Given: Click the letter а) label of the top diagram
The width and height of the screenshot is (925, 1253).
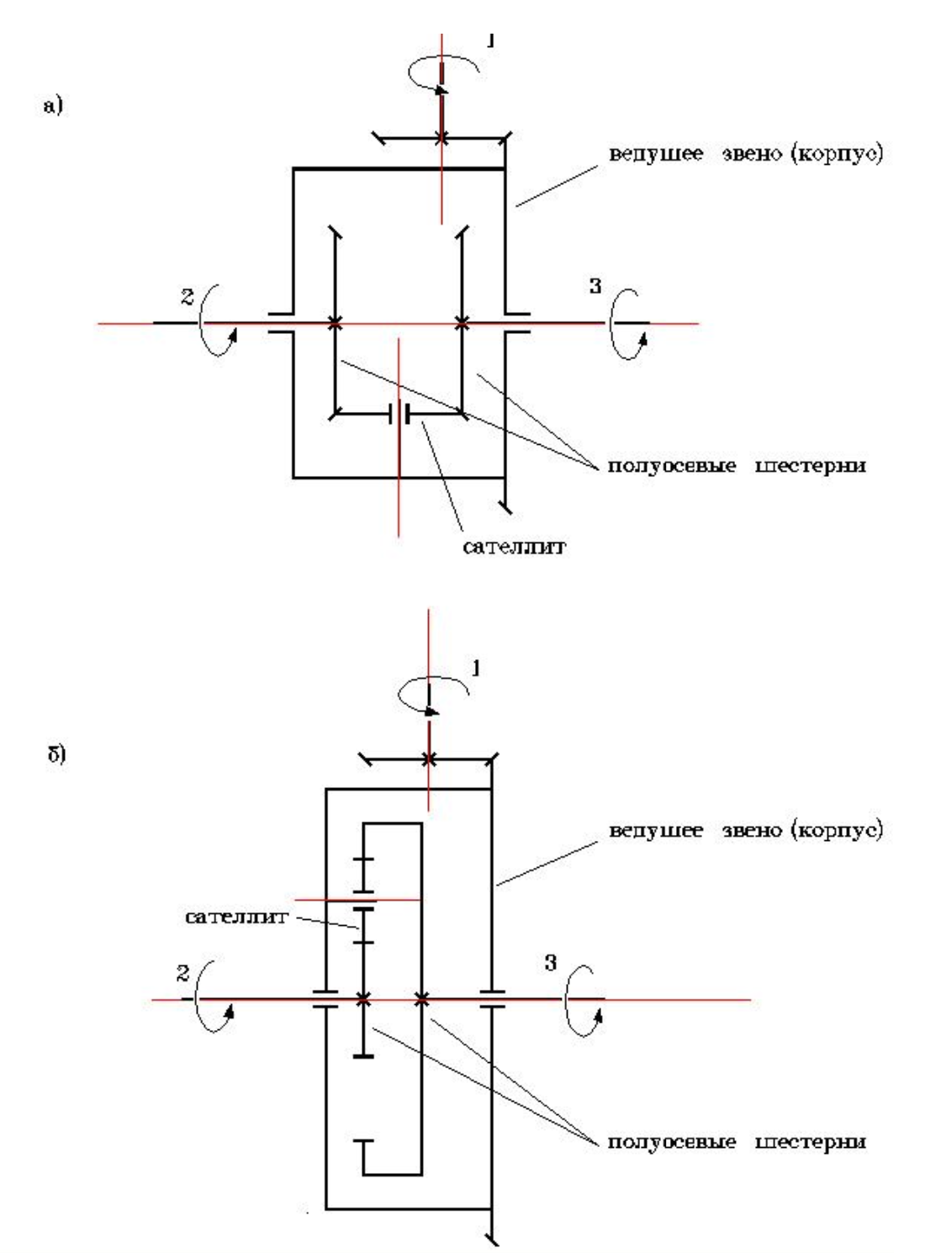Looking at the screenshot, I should coord(53,106).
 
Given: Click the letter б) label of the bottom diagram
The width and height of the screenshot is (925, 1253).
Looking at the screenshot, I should coord(56,753).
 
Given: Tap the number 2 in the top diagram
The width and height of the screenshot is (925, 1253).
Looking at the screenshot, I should coord(187,296).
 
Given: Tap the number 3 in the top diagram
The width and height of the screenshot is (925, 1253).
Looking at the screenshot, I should coord(595,286).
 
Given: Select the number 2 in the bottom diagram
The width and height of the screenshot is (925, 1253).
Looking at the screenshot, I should coord(183,973).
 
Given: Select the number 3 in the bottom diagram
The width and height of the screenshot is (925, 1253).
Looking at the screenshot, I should coord(551,963).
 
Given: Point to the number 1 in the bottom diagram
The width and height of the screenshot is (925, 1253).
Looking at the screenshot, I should coord(476,669).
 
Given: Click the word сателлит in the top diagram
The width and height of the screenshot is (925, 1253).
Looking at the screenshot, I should coord(514,547).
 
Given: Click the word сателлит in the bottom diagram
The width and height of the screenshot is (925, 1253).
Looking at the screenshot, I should coord(236,916).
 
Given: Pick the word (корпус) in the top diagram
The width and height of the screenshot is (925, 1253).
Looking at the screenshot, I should coord(838,154).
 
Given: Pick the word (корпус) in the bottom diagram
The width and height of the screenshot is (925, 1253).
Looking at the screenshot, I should coord(838,830).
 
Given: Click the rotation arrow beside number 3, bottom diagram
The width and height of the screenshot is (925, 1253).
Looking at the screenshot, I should coord(583,1001).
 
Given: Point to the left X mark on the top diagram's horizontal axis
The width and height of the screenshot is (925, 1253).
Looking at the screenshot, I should coord(335,323).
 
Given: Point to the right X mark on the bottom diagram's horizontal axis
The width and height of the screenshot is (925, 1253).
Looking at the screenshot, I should coord(422,999).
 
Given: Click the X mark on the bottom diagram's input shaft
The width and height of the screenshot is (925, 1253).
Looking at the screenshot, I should coord(429,759).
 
